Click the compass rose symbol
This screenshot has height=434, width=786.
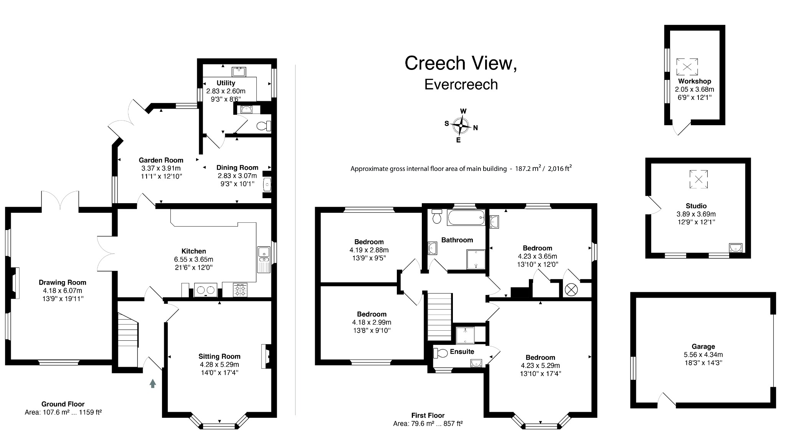(x=461, y=126)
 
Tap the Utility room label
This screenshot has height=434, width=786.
(x=226, y=83)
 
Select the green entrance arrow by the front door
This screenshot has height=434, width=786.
(x=153, y=383)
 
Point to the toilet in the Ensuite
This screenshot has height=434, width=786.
(x=440, y=353)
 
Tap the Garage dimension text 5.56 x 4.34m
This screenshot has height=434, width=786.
(x=703, y=354)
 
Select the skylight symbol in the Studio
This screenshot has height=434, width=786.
(x=698, y=179)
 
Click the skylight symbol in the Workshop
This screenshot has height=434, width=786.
(x=687, y=67)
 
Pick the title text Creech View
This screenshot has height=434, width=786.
(x=461, y=63)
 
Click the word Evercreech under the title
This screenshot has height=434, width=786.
(x=461, y=84)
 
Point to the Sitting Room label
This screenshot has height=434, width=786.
(x=219, y=356)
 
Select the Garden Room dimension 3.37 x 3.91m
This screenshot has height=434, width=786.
(x=161, y=168)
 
